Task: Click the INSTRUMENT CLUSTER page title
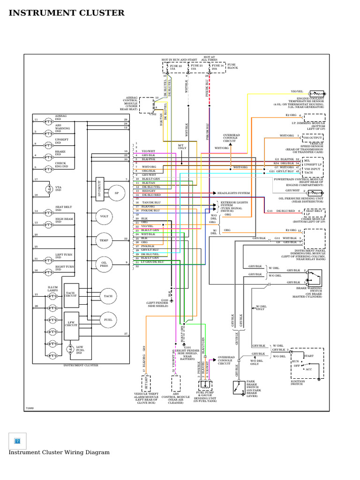click(x=67, y=13)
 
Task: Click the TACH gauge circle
click(x=108, y=296)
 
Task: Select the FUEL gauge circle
click(x=108, y=320)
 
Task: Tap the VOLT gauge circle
click(x=104, y=217)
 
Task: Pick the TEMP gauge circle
click(x=104, y=240)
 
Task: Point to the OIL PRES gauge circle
click(x=104, y=264)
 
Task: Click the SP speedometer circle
click(x=116, y=193)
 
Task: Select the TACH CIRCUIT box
click(x=71, y=295)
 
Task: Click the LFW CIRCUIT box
click(x=71, y=323)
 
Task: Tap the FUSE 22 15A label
click(x=176, y=67)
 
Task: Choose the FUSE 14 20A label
click(x=217, y=67)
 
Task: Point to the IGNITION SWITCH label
click(x=297, y=382)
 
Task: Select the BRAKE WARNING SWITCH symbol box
click(x=314, y=277)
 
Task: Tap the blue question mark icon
click(x=17, y=441)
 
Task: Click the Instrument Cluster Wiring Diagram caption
click(x=59, y=452)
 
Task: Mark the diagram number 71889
click(x=30, y=408)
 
